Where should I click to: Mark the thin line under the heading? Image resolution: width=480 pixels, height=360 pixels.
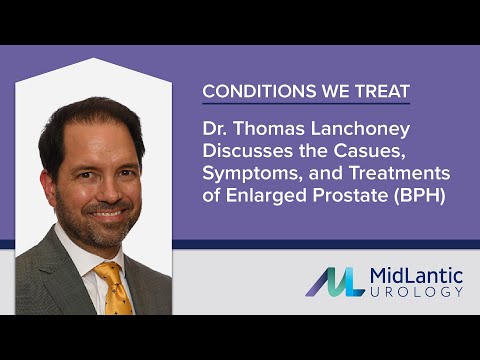click(306, 104)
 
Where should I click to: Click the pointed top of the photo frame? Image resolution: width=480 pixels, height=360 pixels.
click(94, 60)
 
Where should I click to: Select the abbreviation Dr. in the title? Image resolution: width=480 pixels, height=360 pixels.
click(214, 129)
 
